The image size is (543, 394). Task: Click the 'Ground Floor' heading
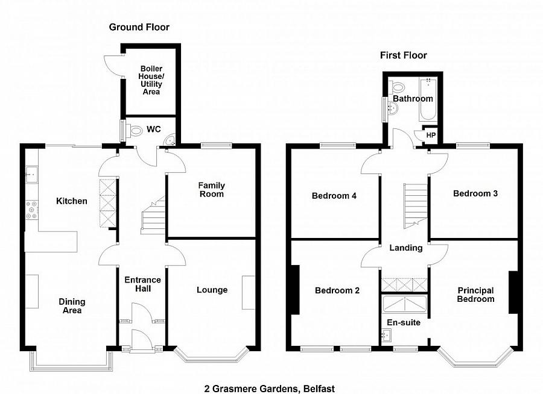(x=139, y=27)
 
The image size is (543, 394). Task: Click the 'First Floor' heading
(x=403, y=55)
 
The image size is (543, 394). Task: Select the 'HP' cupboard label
(x=431, y=136)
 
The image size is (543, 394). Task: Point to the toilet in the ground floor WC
(x=134, y=130)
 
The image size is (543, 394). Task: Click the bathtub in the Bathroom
(x=428, y=99)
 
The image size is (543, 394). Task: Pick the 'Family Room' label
(x=211, y=190)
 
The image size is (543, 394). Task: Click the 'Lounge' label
(x=212, y=290)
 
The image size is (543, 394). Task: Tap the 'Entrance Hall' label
(x=142, y=284)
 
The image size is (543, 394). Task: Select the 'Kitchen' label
(x=72, y=201)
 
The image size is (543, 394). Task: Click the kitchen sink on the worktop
(x=31, y=175)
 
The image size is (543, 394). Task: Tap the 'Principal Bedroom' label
(x=475, y=295)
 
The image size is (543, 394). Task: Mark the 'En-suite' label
(x=404, y=323)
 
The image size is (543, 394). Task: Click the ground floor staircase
(x=153, y=217)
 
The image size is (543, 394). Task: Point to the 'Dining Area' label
(x=72, y=306)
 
